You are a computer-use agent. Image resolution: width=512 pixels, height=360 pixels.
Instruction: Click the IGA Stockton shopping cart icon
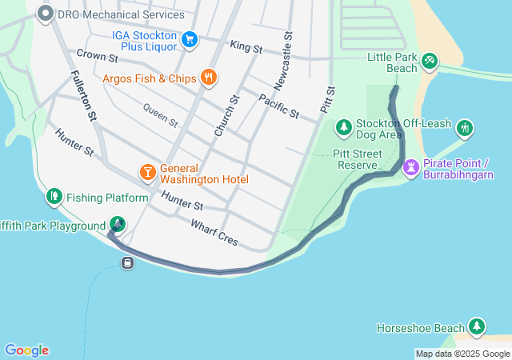[x=190, y=39]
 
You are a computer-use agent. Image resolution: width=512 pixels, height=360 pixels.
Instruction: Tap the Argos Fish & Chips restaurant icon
[x=209, y=78]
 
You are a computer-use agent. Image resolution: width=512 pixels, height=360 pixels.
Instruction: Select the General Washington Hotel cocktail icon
[x=147, y=173]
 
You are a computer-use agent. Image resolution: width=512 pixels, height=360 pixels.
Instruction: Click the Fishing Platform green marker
[x=54, y=197]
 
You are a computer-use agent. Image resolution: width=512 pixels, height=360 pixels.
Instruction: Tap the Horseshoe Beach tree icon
[x=477, y=327]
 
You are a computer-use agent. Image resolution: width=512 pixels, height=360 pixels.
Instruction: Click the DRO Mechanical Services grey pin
[x=46, y=13]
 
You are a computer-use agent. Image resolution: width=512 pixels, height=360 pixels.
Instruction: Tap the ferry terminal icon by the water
[x=127, y=263]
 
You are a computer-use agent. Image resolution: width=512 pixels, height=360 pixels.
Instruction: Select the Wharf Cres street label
[x=214, y=232]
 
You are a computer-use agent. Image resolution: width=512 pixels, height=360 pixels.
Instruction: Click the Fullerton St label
[x=83, y=94]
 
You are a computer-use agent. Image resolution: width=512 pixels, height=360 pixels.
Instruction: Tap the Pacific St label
[x=278, y=106]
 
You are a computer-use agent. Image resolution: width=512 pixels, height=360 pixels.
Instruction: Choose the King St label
[x=246, y=48]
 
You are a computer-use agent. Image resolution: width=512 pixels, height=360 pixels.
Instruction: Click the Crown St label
[x=97, y=57]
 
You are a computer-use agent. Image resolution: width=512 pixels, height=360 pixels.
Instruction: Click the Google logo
[x=26, y=350]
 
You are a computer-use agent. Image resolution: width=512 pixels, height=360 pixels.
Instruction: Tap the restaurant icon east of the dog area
[x=465, y=128]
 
